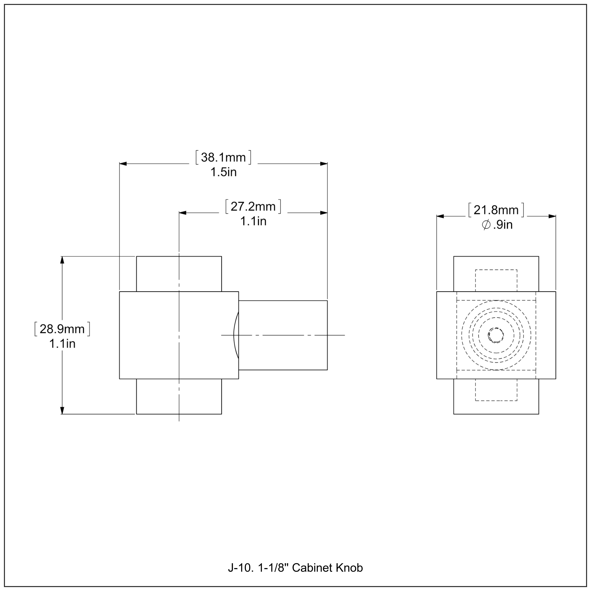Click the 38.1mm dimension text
(223, 158)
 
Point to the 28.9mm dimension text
(62, 329)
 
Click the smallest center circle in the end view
(496, 335)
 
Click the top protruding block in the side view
(179, 274)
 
